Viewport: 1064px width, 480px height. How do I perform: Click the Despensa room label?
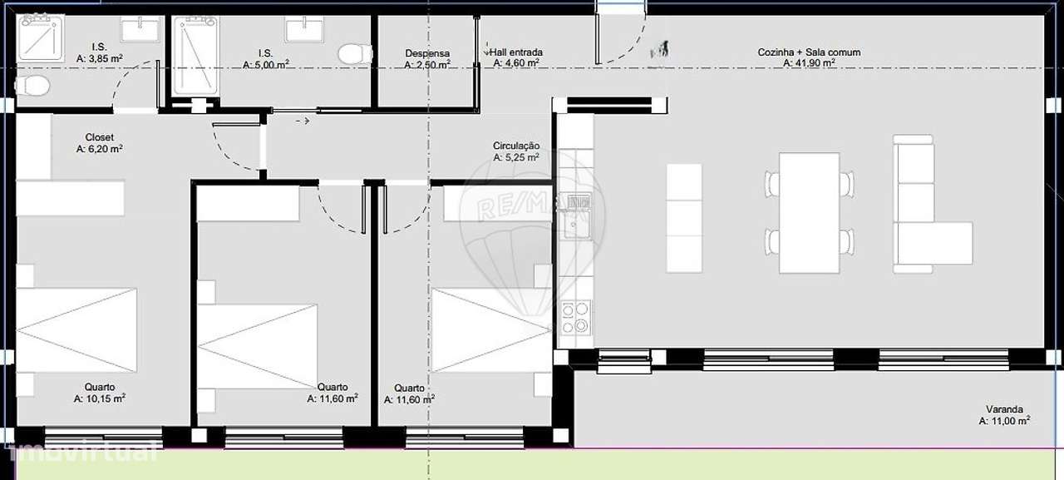[427, 52]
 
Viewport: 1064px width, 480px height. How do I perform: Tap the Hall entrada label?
[516, 52]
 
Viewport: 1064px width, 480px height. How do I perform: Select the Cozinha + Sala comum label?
[809, 52]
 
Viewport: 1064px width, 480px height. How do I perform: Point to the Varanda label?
[1004, 409]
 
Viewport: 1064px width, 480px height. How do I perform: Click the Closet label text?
[99, 137]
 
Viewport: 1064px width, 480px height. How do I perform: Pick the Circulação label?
[516, 146]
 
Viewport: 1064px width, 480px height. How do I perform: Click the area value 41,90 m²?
[809, 62]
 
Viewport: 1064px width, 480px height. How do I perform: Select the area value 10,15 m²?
[99, 398]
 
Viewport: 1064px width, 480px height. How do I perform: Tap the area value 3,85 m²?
[99, 59]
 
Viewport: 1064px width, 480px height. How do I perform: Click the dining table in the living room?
[810, 212]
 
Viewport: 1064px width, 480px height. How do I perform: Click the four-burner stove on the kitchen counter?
[575, 316]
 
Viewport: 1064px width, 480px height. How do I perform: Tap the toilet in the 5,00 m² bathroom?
[355, 53]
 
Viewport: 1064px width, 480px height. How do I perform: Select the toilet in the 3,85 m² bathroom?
[33, 85]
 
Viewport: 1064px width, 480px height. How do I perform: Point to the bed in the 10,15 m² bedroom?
[76, 329]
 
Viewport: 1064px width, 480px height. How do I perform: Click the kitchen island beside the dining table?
[684, 218]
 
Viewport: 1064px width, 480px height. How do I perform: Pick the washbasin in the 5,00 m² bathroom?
[304, 30]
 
